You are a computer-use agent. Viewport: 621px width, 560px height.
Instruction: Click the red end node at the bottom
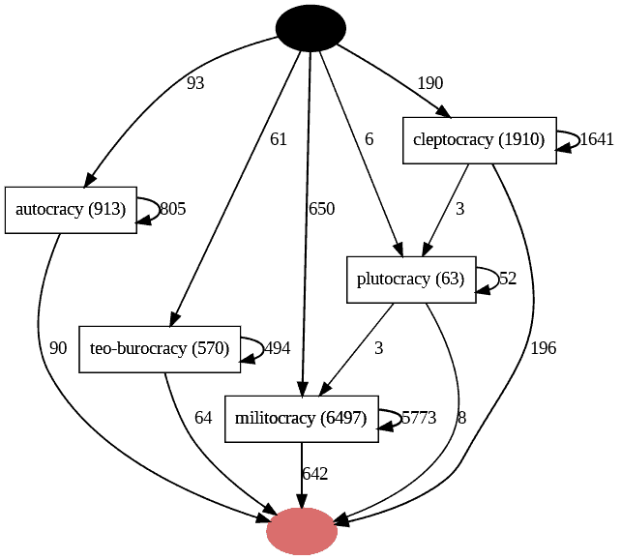click(x=302, y=531)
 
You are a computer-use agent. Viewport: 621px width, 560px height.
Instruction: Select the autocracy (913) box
click(x=71, y=210)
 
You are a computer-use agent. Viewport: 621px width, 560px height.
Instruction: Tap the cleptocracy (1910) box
click(x=479, y=140)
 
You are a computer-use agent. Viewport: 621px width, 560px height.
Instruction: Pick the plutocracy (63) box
click(x=411, y=280)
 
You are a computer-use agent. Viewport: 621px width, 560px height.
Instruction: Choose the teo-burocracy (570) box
click(x=159, y=348)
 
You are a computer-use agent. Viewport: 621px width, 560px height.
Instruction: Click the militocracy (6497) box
click(x=301, y=419)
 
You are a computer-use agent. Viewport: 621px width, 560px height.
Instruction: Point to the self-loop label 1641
click(x=596, y=140)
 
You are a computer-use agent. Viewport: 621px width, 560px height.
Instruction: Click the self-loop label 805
click(x=172, y=210)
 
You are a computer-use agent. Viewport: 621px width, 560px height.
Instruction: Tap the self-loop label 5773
click(x=418, y=419)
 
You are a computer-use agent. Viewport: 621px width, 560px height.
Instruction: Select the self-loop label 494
click(x=277, y=348)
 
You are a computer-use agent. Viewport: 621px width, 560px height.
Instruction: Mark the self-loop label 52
click(x=508, y=280)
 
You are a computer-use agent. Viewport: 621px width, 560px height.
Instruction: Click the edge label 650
click(x=321, y=209)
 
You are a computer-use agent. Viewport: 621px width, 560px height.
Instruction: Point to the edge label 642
click(x=315, y=474)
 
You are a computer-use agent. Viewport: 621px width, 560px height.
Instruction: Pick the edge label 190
click(x=429, y=83)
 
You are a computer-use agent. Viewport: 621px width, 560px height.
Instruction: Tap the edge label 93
click(x=195, y=83)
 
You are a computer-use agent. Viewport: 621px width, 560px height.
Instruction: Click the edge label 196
click(x=544, y=348)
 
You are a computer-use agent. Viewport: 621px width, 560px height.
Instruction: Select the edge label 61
click(x=279, y=139)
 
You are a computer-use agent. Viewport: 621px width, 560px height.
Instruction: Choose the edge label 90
click(x=58, y=348)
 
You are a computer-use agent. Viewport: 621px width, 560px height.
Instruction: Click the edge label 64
click(x=203, y=419)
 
